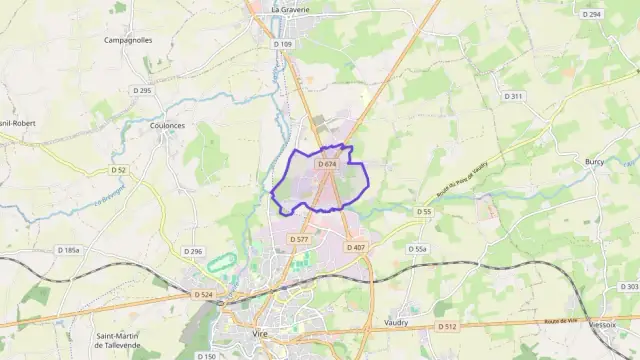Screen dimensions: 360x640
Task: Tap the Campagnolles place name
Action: (128, 40)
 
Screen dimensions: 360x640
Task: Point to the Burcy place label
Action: (596, 160)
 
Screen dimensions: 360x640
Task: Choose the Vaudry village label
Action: (397, 323)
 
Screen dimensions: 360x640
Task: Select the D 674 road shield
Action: (328, 164)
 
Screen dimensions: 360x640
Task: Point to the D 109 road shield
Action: (283, 44)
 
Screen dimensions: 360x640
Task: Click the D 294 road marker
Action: (592, 14)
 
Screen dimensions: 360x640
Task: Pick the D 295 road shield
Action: (141, 91)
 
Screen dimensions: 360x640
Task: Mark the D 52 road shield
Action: (119, 170)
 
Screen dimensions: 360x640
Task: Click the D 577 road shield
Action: (299, 239)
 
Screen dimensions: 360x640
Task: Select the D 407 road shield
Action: (356, 247)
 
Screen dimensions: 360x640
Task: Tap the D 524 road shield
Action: (204, 294)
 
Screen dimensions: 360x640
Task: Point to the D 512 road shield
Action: (447, 326)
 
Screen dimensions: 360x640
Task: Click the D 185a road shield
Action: (68, 250)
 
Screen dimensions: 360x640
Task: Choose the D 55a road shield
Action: (418, 249)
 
